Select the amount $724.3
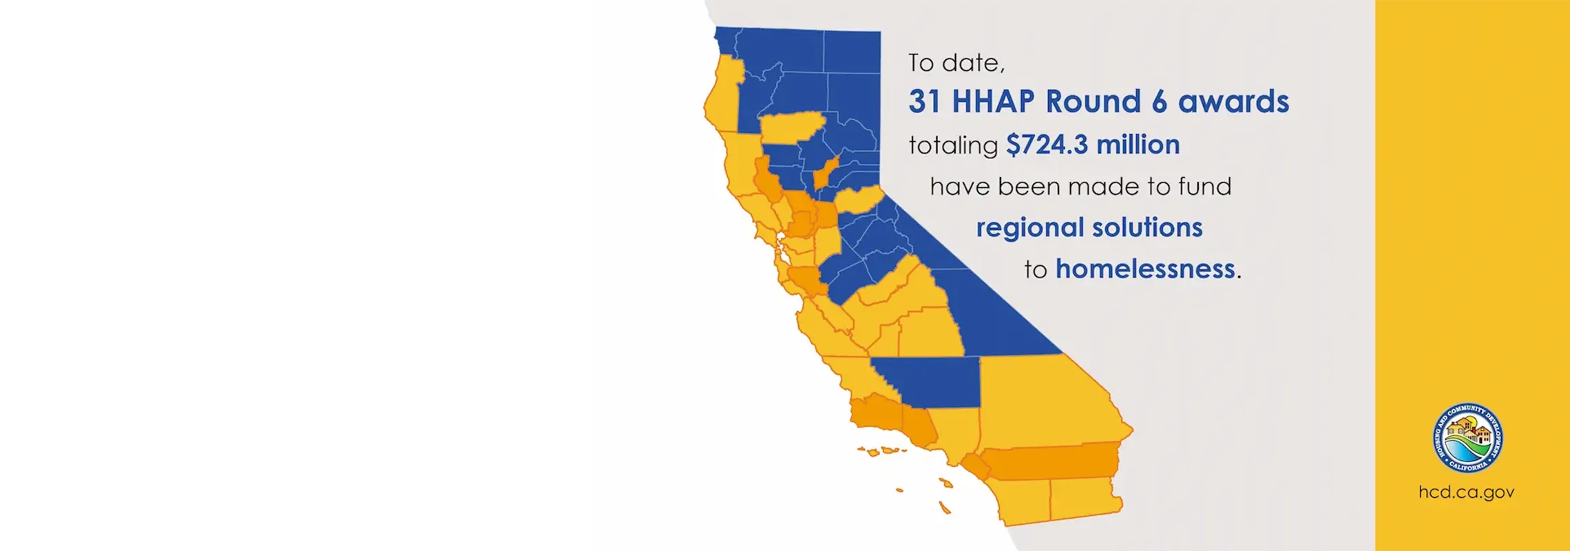pos(1047,145)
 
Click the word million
pos(1138,145)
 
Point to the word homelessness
pos(1145,269)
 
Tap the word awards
pos(1233,102)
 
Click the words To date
pos(956,63)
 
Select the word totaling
pos(953,145)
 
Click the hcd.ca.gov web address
pos(1466,492)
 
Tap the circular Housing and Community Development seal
pos(1467,438)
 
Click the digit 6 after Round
pos(1160,102)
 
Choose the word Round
pos(1093,102)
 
